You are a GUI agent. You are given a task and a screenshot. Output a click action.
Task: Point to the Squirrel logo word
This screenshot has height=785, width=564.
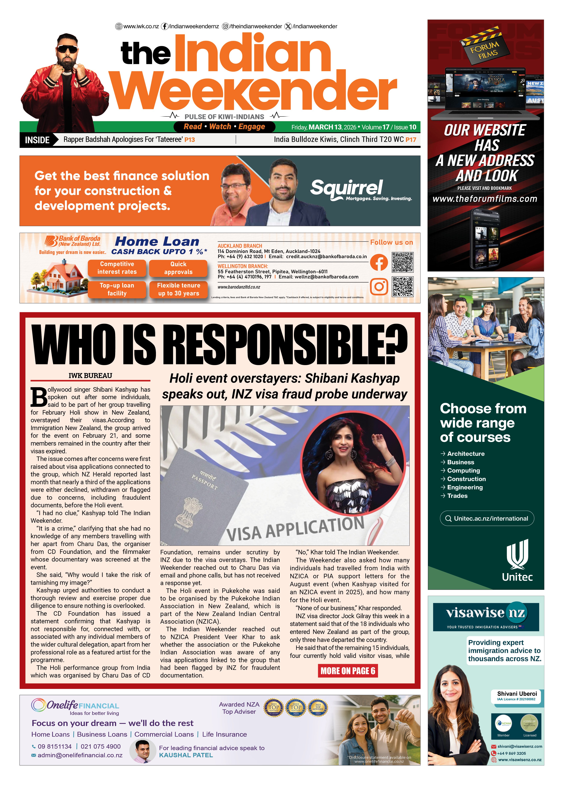(346, 188)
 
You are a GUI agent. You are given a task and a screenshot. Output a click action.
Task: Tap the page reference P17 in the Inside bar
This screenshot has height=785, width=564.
(411, 140)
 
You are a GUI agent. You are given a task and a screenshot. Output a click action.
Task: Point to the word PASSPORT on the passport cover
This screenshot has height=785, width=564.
(204, 482)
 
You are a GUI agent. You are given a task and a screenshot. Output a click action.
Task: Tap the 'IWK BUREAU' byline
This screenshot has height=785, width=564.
(90, 376)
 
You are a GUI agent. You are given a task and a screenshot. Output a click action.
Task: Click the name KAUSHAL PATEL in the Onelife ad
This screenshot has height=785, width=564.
(186, 755)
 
